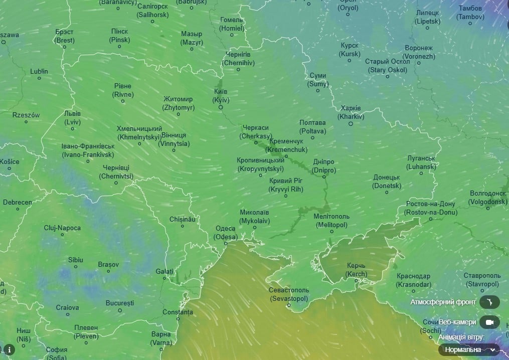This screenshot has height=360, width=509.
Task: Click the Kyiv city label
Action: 220,96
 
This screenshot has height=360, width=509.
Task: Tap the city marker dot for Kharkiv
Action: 351,124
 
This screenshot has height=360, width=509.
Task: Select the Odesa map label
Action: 225,233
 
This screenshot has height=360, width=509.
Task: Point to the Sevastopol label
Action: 289,294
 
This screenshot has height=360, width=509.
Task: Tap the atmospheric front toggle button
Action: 489,302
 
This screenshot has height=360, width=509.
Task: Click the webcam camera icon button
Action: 489,322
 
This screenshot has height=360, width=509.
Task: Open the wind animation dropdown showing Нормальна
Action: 468,349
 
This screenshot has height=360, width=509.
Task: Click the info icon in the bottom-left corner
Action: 9,349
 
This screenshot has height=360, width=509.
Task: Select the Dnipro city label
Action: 323,166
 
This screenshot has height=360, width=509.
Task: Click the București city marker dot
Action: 120,310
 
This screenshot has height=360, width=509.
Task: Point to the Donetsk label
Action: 386,182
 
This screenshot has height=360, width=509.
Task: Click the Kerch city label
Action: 356,270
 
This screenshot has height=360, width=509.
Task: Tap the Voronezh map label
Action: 419,52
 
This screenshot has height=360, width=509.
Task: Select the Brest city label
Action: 64,36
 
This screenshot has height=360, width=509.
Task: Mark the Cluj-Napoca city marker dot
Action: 62,235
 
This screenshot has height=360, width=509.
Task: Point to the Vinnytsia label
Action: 174,139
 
